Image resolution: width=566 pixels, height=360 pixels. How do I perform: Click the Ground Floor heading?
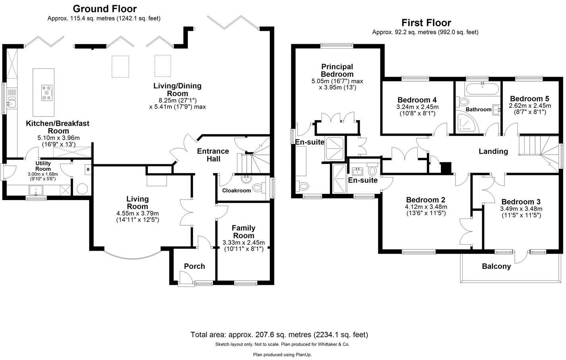(x=105, y=9)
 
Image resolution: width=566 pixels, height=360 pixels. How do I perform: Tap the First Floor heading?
(x=426, y=23)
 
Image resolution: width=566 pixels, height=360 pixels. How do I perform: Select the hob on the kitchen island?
(x=47, y=92)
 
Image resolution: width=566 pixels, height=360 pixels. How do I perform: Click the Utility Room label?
(x=43, y=166)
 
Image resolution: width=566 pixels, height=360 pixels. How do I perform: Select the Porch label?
(x=194, y=266)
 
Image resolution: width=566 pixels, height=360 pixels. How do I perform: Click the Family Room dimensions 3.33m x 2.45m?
(x=244, y=243)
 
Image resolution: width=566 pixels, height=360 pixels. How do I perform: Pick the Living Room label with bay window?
(x=138, y=202)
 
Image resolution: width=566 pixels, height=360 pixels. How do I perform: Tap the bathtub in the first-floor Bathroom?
(x=482, y=89)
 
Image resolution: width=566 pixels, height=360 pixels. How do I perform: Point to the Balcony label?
(x=496, y=266)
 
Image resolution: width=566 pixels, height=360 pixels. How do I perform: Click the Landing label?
(x=493, y=151)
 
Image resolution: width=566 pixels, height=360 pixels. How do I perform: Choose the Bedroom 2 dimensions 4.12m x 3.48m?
(x=426, y=207)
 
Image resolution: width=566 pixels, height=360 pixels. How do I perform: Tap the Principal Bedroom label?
(x=337, y=70)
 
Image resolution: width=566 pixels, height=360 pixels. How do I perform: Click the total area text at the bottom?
(x=279, y=335)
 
